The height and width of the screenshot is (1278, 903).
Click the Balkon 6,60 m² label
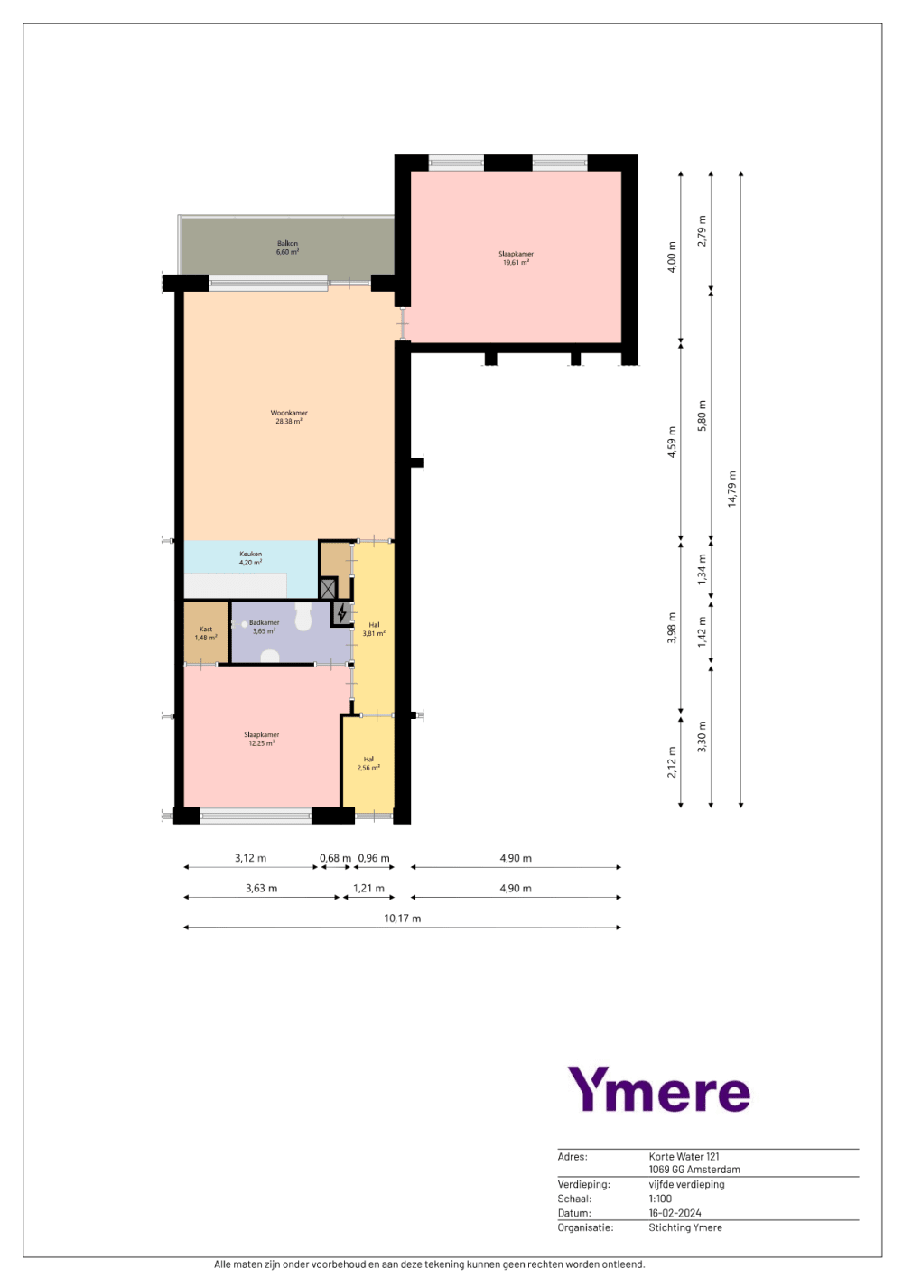[287, 247]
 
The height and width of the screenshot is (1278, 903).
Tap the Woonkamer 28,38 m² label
[289, 417]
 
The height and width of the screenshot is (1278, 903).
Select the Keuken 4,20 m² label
[250, 558]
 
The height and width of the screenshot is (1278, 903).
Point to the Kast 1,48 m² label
[205, 633]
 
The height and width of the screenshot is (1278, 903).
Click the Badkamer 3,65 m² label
[264, 627]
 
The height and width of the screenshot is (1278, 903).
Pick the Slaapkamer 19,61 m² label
[516, 258]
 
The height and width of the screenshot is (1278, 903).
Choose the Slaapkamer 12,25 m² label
[261, 739]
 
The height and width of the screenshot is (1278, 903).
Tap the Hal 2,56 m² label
[368, 763]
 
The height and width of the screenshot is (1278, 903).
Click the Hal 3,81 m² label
[374, 629]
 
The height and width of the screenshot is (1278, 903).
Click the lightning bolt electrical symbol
[341, 613]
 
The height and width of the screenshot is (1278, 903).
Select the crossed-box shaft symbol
[328, 589]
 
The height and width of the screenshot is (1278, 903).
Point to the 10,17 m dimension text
[402, 918]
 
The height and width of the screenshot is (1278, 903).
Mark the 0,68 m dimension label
[335, 858]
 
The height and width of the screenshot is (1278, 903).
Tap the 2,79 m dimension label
[702, 230]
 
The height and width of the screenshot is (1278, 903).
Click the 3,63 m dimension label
[261, 889]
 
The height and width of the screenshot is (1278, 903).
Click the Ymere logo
[659, 1088]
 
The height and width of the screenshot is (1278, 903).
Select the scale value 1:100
[660, 1199]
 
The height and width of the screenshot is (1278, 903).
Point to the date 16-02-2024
[675, 1213]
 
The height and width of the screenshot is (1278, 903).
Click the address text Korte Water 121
[684, 1156]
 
